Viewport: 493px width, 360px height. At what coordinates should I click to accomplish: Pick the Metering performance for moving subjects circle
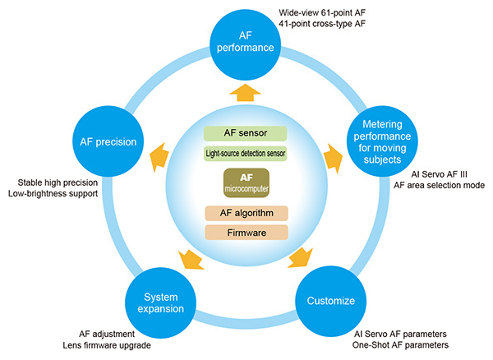click(384, 141)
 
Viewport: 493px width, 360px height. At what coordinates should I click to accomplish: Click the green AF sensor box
click(246, 133)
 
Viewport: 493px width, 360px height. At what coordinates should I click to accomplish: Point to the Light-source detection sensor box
click(246, 153)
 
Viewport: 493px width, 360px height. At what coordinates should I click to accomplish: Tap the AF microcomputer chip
click(246, 182)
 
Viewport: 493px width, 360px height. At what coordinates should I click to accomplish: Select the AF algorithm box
click(246, 214)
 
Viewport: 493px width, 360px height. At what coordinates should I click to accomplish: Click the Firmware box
click(246, 233)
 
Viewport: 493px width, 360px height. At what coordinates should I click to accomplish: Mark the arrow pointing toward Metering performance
click(330, 155)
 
